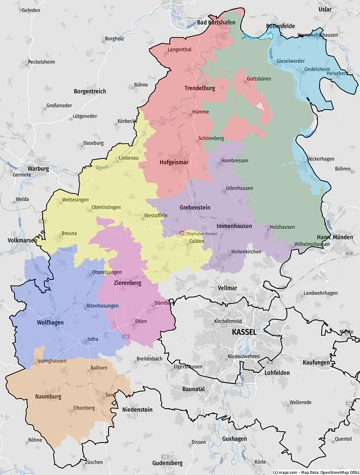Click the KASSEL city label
(244, 332)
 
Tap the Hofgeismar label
(174, 162)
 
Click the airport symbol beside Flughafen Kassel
(181, 233)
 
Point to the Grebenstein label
(195, 207)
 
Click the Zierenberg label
(127, 283)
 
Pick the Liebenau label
(128, 159)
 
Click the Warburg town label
(38, 168)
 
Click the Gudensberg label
(167, 463)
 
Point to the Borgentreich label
(89, 91)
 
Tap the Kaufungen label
(314, 363)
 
